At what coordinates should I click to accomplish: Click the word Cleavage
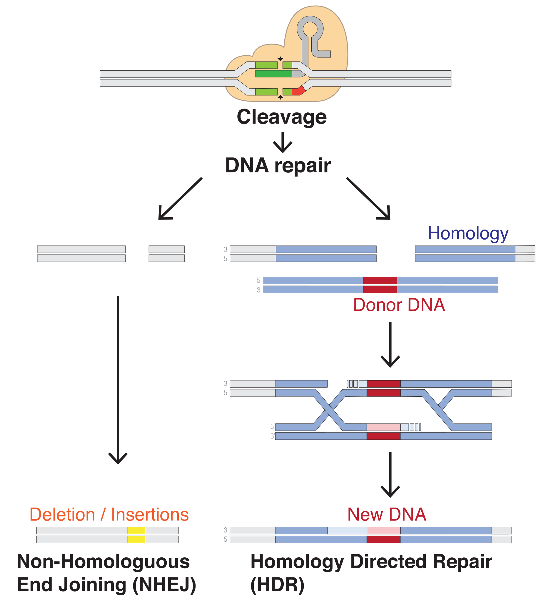(x=281, y=117)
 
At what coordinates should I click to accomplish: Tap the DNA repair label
(x=278, y=165)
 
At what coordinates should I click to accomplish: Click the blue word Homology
(x=468, y=233)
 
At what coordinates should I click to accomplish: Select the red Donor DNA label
(x=399, y=305)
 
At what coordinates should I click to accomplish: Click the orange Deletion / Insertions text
(x=109, y=515)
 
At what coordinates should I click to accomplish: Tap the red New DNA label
(x=387, y=514)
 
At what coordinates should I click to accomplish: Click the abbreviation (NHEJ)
(x=164, y=584)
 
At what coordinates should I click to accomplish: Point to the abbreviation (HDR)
(x=277, y=584)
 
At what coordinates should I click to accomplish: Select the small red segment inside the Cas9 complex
(x=298, y=91)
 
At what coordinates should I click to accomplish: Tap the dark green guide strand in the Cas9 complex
(x=273, y=74)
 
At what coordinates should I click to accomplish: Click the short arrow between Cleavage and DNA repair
(x=282, y=143)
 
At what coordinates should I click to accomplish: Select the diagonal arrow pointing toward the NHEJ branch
(x=180, y=199)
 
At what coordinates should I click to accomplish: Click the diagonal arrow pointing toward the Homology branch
(x=369, y=199)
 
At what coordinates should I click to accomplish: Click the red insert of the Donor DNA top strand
(x=380, y=280)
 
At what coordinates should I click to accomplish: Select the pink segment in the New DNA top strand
(x=383, y=530)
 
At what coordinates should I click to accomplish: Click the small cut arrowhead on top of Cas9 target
(x=280, y=59)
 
